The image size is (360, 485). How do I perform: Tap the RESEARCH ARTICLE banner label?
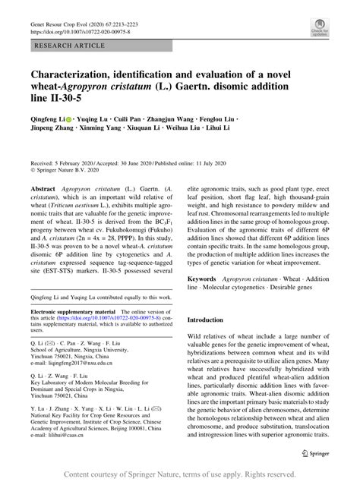[61, 47]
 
